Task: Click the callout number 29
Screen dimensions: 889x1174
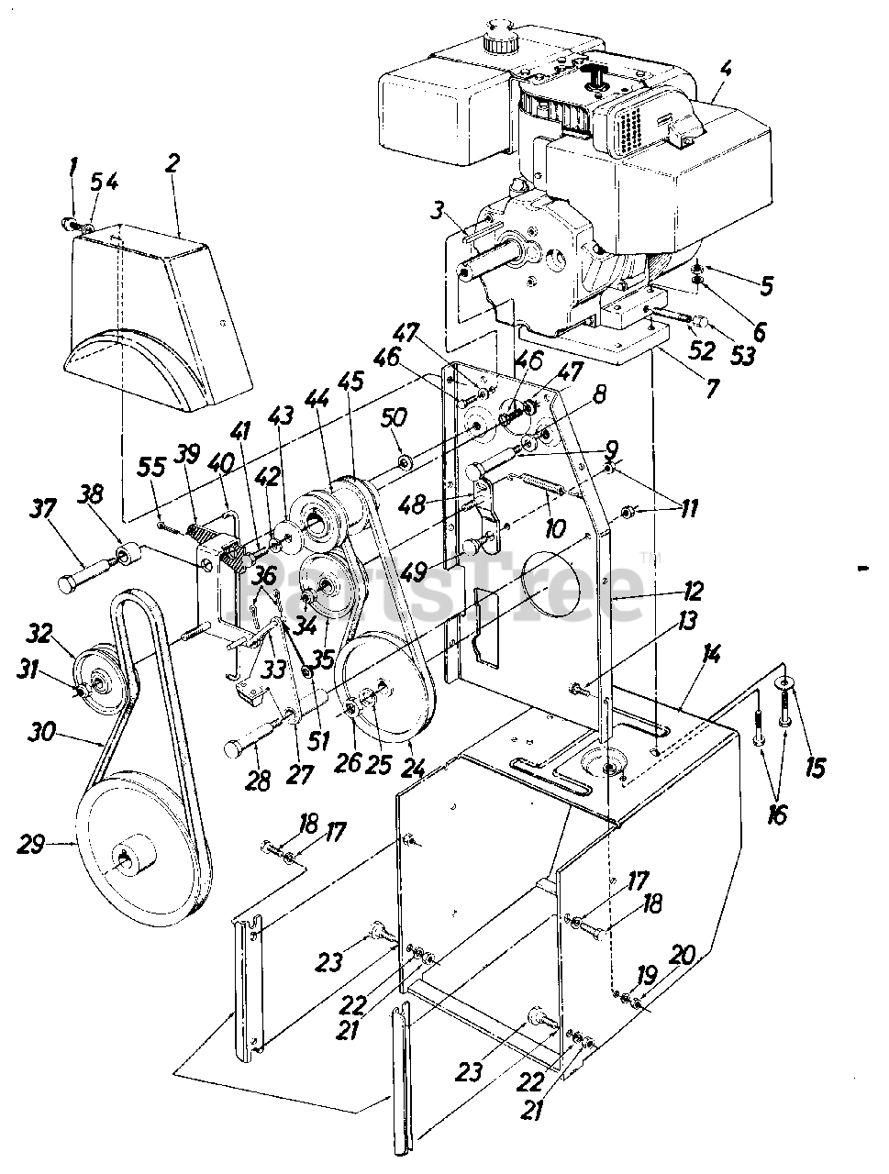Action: (30, 846)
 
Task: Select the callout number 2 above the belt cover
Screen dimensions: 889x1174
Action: (172, 164)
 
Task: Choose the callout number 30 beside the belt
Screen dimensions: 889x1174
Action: (41, 732)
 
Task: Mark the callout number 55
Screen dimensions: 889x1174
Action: (151, 469)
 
